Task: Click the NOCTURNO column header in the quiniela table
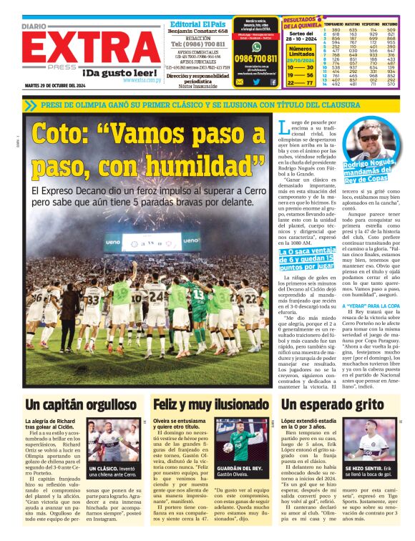(x=395, y=24)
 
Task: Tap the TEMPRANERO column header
(x=332, y=24)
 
